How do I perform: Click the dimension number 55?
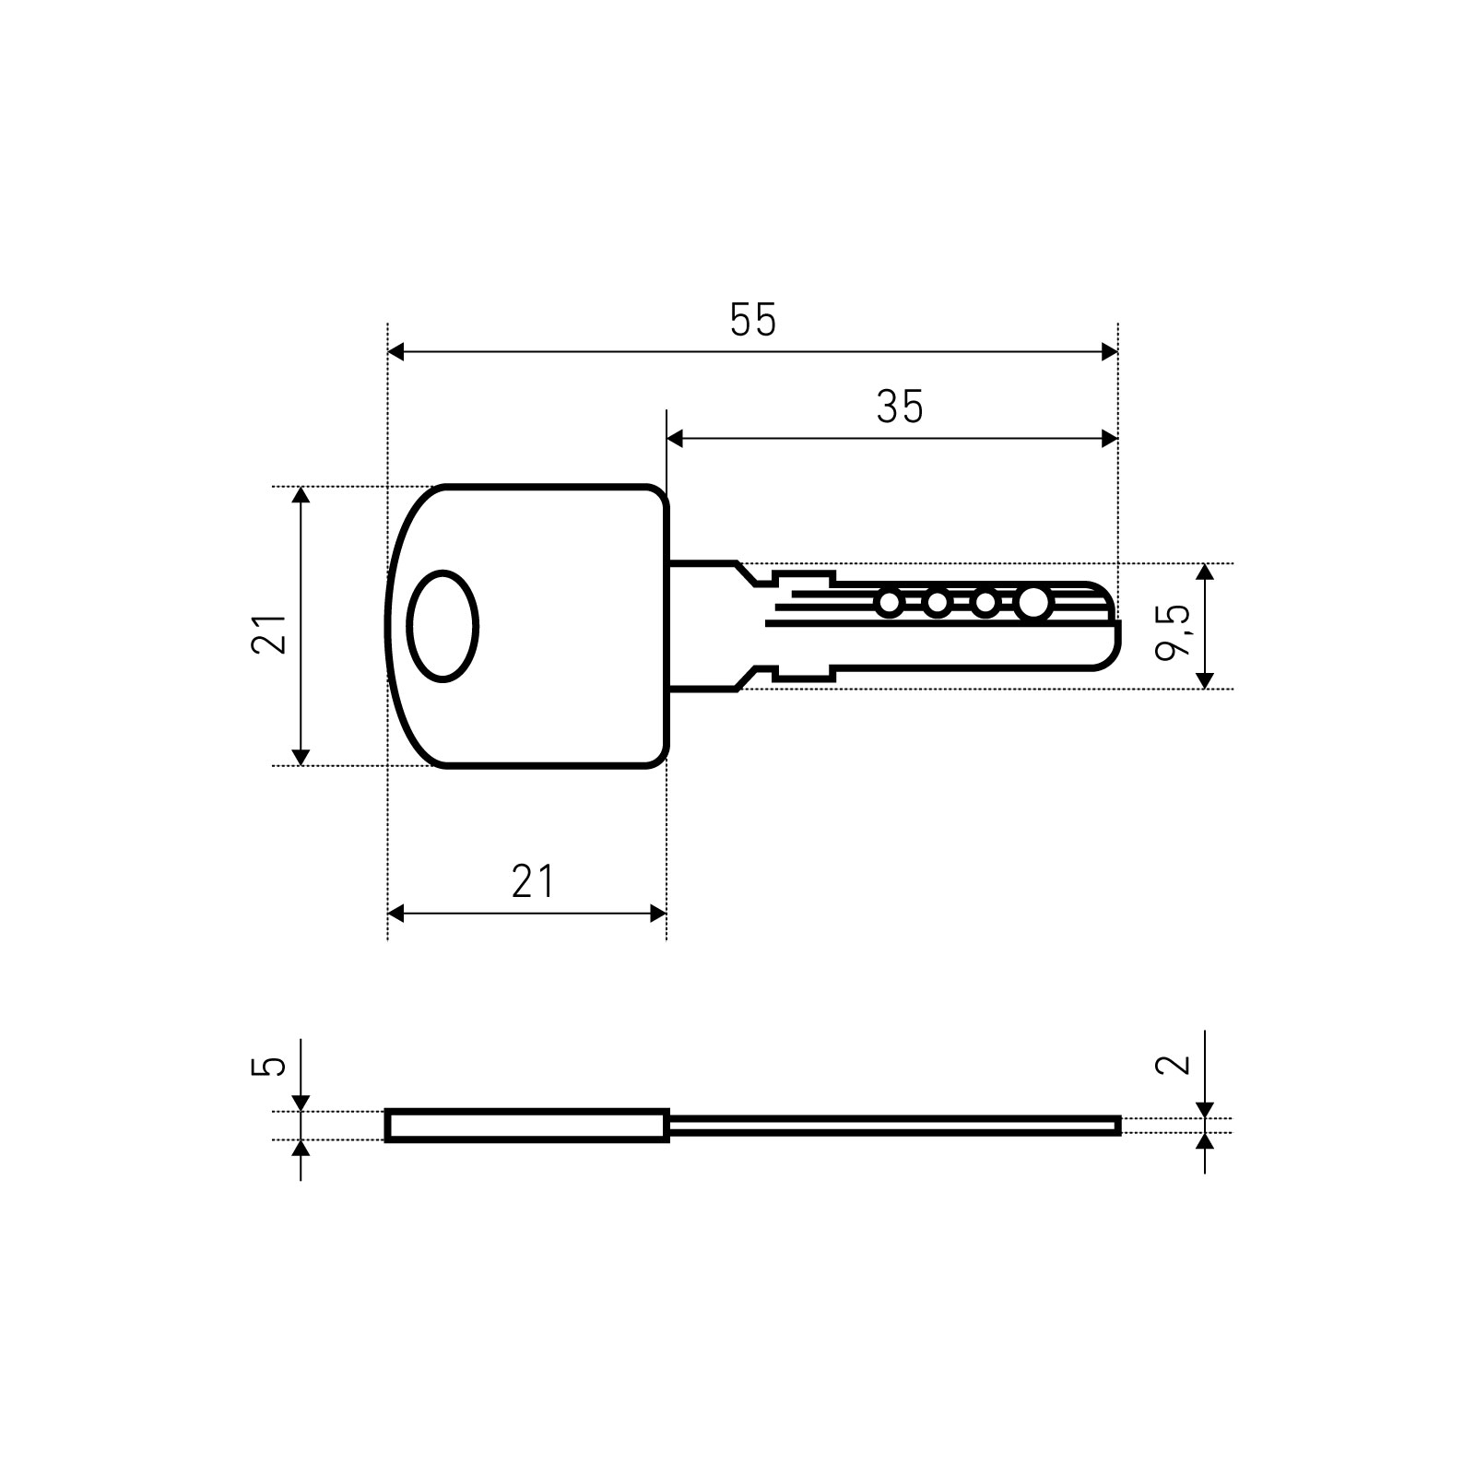753,320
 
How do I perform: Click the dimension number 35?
900,407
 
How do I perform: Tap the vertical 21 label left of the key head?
269,633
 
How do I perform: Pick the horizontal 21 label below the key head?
534,881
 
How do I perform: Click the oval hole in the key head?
443,626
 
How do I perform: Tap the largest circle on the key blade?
1033,603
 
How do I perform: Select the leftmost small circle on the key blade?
889,604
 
